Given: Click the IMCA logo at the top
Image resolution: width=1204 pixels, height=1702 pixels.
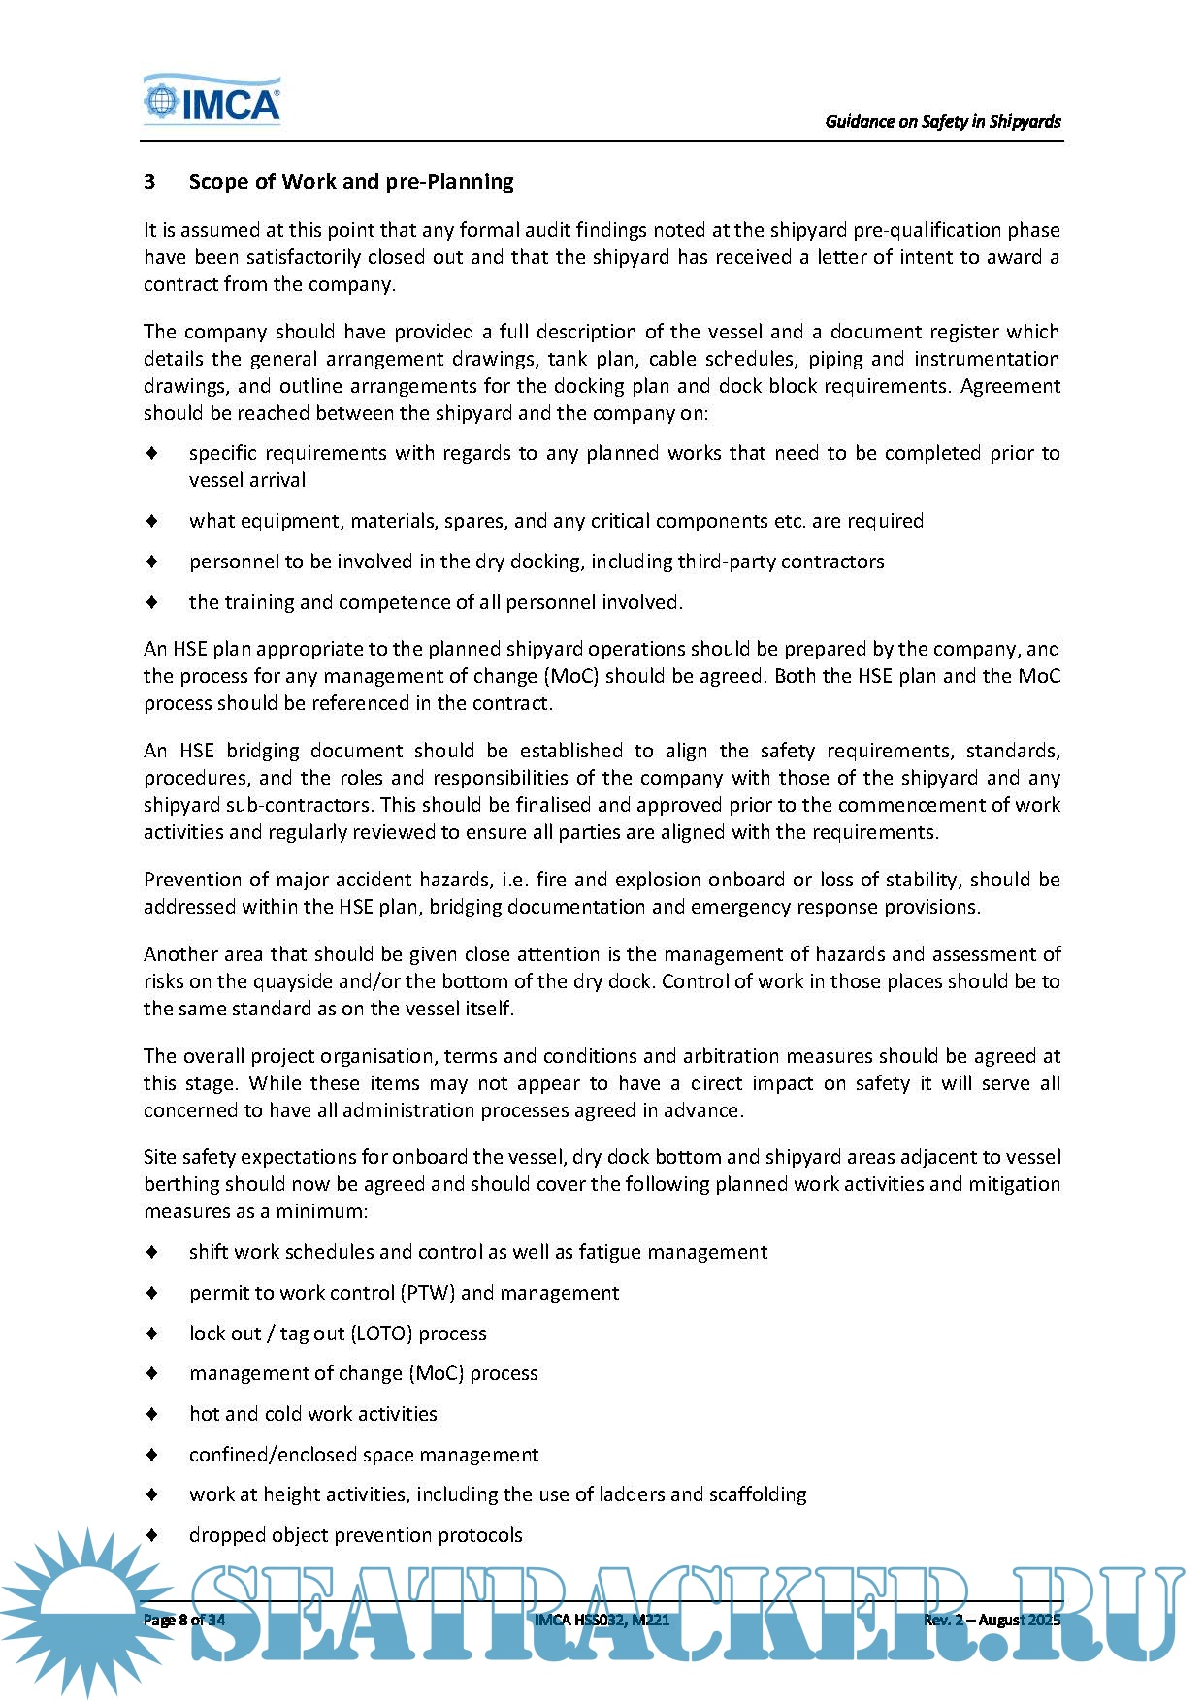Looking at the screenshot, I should (x=212, y=101).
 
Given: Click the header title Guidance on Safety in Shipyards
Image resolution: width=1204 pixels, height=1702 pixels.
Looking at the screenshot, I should (x=942, y=122).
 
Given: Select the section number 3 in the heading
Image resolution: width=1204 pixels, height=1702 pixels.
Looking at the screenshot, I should (x=149, y=182).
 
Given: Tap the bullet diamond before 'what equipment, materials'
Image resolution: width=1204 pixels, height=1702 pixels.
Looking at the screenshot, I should (x=152, y=521).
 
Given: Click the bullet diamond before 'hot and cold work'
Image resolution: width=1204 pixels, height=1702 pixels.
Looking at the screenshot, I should (x=152, y=1414).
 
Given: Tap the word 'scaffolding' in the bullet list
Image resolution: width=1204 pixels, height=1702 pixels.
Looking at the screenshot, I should (x=757, y=1494).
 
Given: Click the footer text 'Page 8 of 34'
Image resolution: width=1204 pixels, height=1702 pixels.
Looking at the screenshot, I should (x=184, y=1621).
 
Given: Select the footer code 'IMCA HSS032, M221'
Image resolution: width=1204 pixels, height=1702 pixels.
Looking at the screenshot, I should (x=602, y=1621).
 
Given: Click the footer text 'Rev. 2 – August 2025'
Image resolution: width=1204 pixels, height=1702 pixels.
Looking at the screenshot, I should (x=992, y=1621).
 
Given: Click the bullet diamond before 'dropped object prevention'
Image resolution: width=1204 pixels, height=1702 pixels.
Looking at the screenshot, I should (x=152, y=1535).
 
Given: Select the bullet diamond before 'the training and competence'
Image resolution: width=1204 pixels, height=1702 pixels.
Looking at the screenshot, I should (x=152, y=602).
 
